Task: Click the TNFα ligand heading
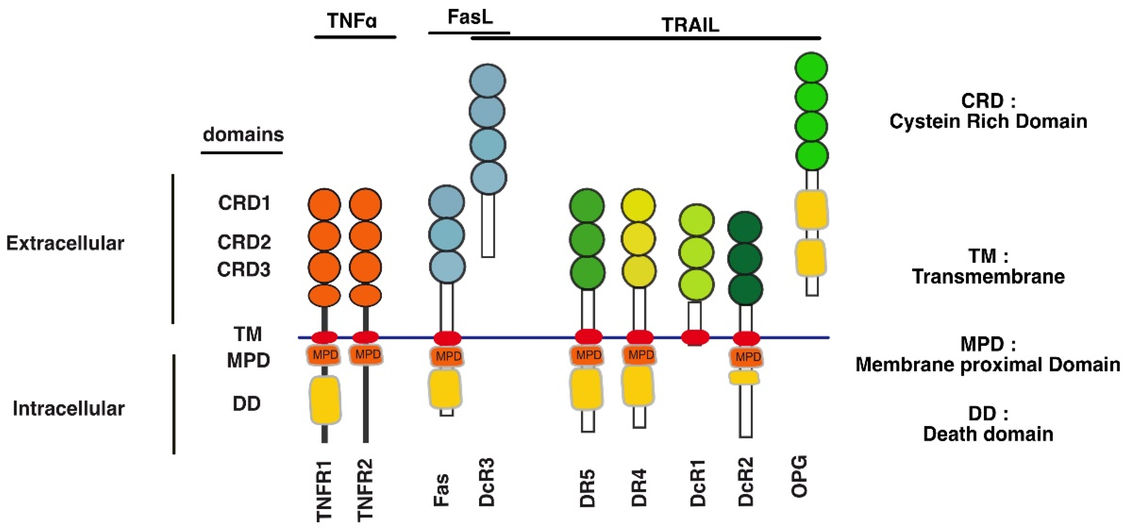coord(351,21)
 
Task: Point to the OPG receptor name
coord(799,476)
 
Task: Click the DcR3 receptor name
coord(486,482)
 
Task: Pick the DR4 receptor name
coord(639,487)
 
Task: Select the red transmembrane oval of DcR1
coord(695,337)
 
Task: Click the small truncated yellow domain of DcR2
coord(744,377)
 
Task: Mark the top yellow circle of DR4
coord(638,205)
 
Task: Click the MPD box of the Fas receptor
coord(447,356)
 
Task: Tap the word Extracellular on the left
coord(65,243)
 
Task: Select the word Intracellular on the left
coord(69,408)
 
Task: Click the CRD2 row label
coord(244,242)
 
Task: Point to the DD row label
coord(247,404)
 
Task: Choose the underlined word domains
coord(243,135)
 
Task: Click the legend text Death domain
coord(988,434)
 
